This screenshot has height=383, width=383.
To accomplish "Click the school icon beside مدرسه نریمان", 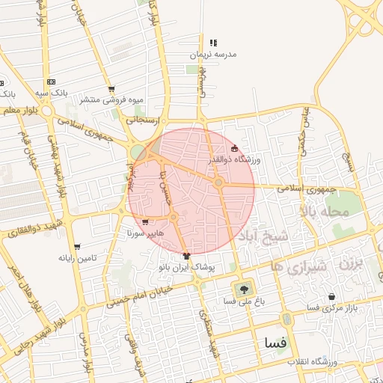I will [x=213, y=43].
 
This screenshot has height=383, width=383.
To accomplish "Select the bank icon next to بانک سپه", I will [x=51, y=82].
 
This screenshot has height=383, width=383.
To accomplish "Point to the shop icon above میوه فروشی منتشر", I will [x=111, y=88].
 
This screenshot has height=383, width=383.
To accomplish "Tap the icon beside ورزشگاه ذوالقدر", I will [x=235, y=149].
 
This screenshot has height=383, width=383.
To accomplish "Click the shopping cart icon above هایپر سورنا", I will [x=144, y=221].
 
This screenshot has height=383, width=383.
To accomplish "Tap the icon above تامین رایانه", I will [x=78, y=246].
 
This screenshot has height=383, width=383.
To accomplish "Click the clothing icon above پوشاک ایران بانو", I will [x=186, y=255].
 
